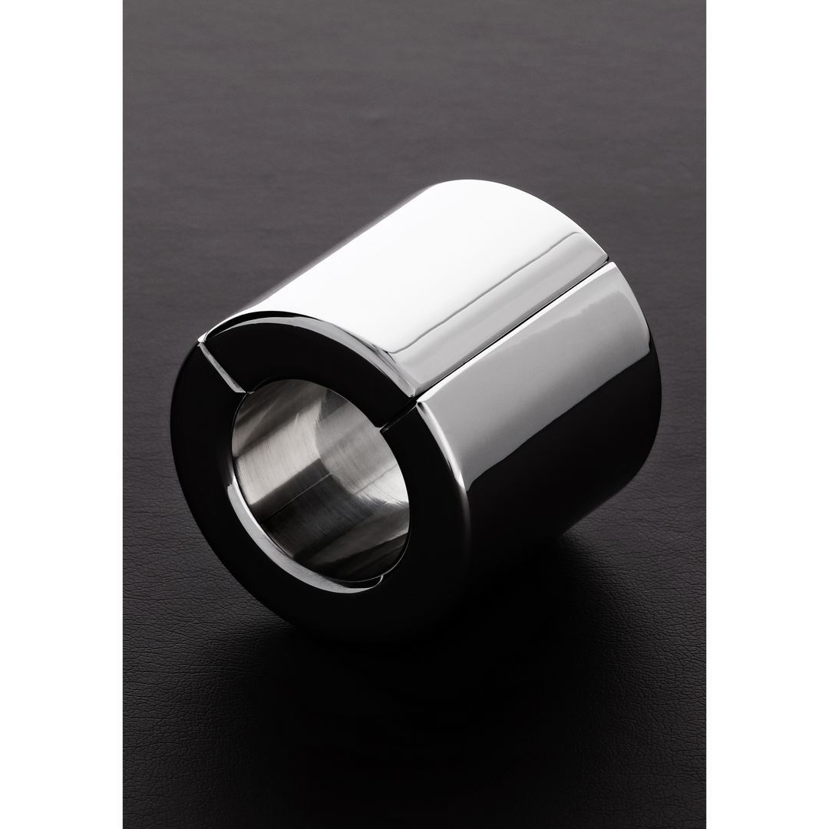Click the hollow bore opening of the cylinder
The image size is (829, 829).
(x=321, y=480)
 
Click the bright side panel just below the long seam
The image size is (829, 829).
(x=537, y=361)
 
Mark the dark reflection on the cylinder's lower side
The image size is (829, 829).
(x=568, y=491)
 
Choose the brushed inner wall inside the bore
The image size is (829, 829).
(x=307, y=453)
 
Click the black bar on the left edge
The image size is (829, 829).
(x=60, y=414)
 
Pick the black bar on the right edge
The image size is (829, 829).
(x=768, y=414)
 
